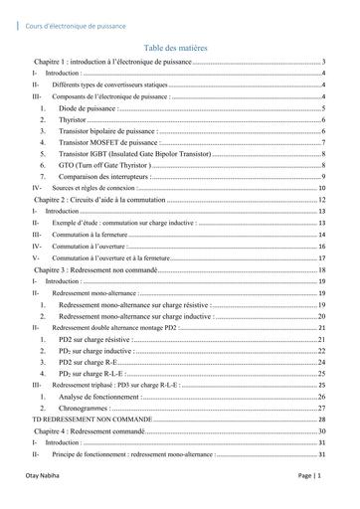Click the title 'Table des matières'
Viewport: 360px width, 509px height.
[x=179, y=48]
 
